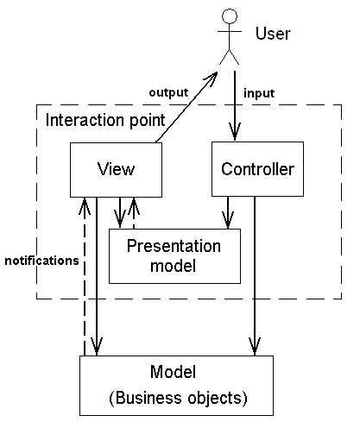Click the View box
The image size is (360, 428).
coord(116,170)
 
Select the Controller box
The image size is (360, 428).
coord(257,169)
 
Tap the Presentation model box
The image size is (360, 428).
coord(174,256)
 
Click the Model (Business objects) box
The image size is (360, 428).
coord(176,386)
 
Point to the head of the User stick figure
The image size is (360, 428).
coord(230,16)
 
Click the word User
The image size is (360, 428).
coord(273,34)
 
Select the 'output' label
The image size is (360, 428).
coord(168,92)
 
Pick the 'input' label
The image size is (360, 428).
coord(259,93)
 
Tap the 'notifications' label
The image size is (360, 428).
coord(41,261)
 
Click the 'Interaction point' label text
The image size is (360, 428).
coord(105,120)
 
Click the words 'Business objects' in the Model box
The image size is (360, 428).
coord(178,398)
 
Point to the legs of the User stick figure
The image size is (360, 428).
coord(229,57)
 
